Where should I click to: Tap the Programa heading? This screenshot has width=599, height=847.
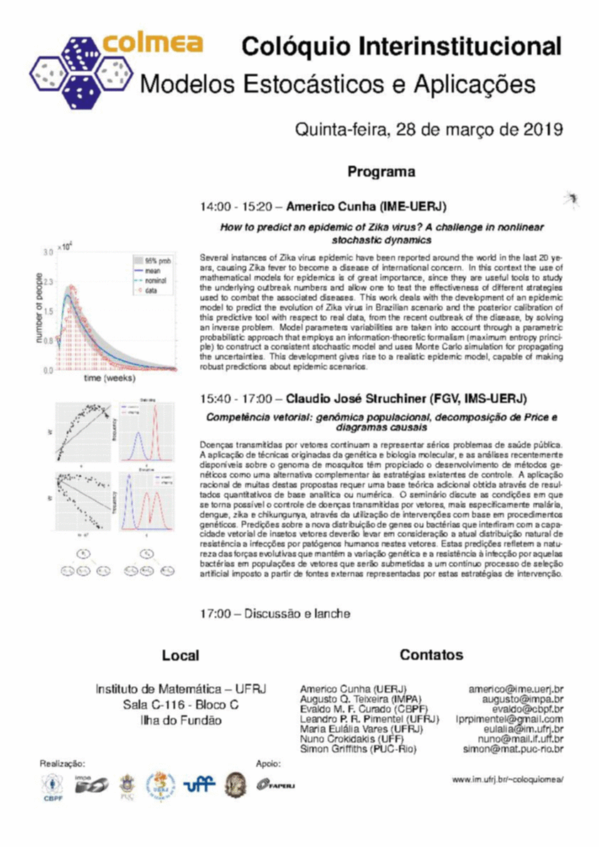381,172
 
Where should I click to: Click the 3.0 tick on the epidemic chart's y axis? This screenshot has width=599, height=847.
48,253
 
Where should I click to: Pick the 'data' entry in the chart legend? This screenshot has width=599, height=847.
151,290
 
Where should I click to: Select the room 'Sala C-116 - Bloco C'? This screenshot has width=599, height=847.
180,705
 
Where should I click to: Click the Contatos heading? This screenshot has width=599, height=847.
431,655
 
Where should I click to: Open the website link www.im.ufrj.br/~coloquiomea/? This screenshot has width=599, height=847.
508,779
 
